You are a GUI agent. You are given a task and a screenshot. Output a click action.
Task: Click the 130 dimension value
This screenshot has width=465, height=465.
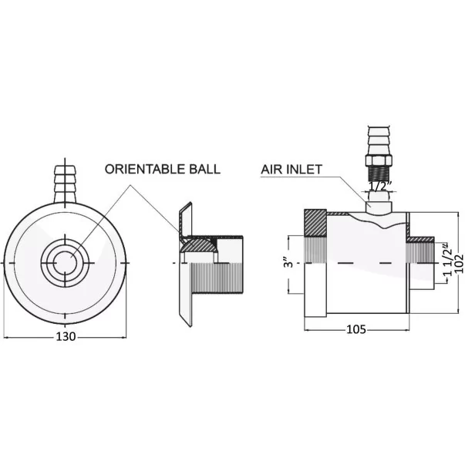click(x=66, y=336)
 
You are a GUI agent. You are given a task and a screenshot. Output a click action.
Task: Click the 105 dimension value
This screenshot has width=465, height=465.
click(x=355, y=329)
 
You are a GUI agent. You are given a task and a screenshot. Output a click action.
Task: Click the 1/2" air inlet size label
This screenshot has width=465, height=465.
click(x=379, y=187)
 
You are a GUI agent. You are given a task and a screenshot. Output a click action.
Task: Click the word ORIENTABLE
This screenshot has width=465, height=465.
click(x=145, y=169)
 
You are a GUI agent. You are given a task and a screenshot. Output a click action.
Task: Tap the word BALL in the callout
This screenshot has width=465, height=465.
click(x=205, y=169)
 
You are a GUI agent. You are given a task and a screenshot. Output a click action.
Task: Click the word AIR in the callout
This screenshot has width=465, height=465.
click(x=272, y=169)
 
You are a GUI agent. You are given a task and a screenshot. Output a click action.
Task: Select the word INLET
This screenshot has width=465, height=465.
click(x=305, y=169)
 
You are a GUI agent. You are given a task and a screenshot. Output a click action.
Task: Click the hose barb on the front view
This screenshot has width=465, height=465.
click(x=65, y=184)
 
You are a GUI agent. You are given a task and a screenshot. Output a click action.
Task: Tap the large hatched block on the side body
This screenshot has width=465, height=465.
click(x=315, y=222)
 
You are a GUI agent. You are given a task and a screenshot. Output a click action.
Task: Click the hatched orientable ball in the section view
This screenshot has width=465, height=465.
click(x=198, y=245)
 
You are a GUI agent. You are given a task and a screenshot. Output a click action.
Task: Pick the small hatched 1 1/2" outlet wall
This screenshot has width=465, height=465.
click(x=420, y=239)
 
